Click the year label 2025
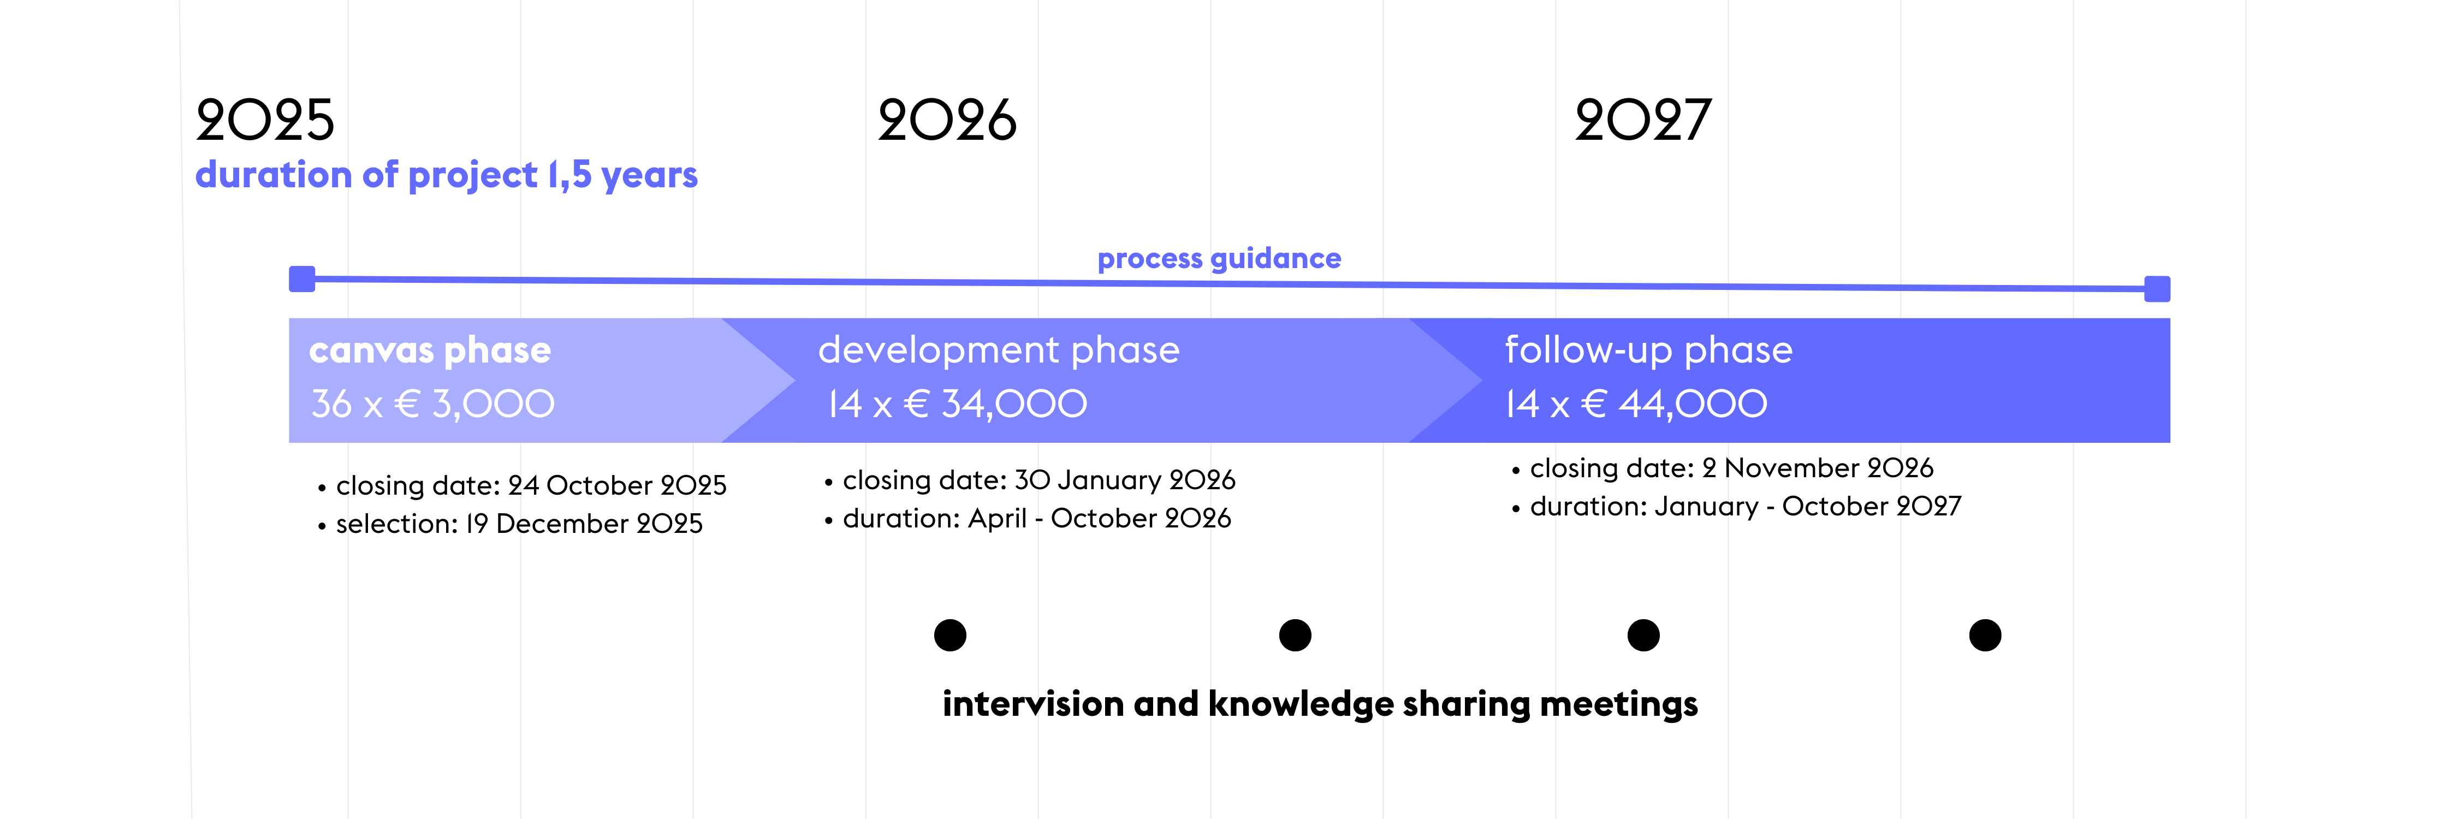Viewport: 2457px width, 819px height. point(265,120)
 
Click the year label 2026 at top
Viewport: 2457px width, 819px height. point(947,120)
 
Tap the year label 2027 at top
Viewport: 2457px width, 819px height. point(1643,120)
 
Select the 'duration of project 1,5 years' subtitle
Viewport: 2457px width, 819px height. point(447,175)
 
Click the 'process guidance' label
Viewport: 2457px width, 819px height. point(1219,258)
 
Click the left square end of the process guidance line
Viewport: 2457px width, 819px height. point(302,278)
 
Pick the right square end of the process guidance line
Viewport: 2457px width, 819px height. point(2157,289)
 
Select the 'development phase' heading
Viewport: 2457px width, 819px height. point(999,350)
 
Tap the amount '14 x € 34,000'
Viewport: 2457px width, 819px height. point(957,404)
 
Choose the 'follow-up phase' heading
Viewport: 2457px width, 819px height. point(1649,350)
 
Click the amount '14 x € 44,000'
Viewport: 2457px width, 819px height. point(1636,404)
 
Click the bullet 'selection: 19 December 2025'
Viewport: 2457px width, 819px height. point(511,524)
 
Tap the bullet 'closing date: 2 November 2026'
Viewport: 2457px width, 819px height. point(1723,468)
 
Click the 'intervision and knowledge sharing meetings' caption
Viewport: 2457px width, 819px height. point(1320,704)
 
